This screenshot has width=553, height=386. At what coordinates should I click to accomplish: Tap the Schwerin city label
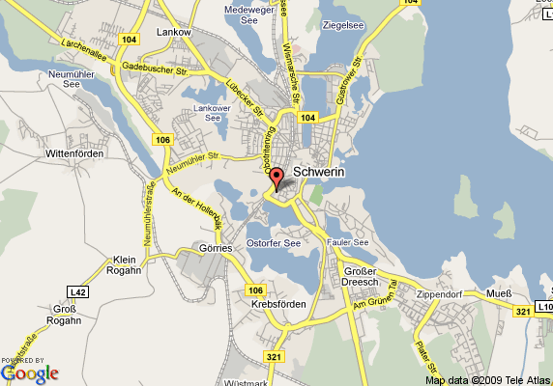coord(318,172)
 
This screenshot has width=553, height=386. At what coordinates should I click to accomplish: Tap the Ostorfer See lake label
coord(274,243)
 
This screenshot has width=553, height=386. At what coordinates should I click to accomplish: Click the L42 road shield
coord(77,290)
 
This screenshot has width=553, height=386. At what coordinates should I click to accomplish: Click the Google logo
coord(30,372)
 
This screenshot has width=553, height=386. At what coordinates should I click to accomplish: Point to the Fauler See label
coord(348,242)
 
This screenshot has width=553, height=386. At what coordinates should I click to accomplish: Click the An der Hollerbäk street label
coord(197,208)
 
